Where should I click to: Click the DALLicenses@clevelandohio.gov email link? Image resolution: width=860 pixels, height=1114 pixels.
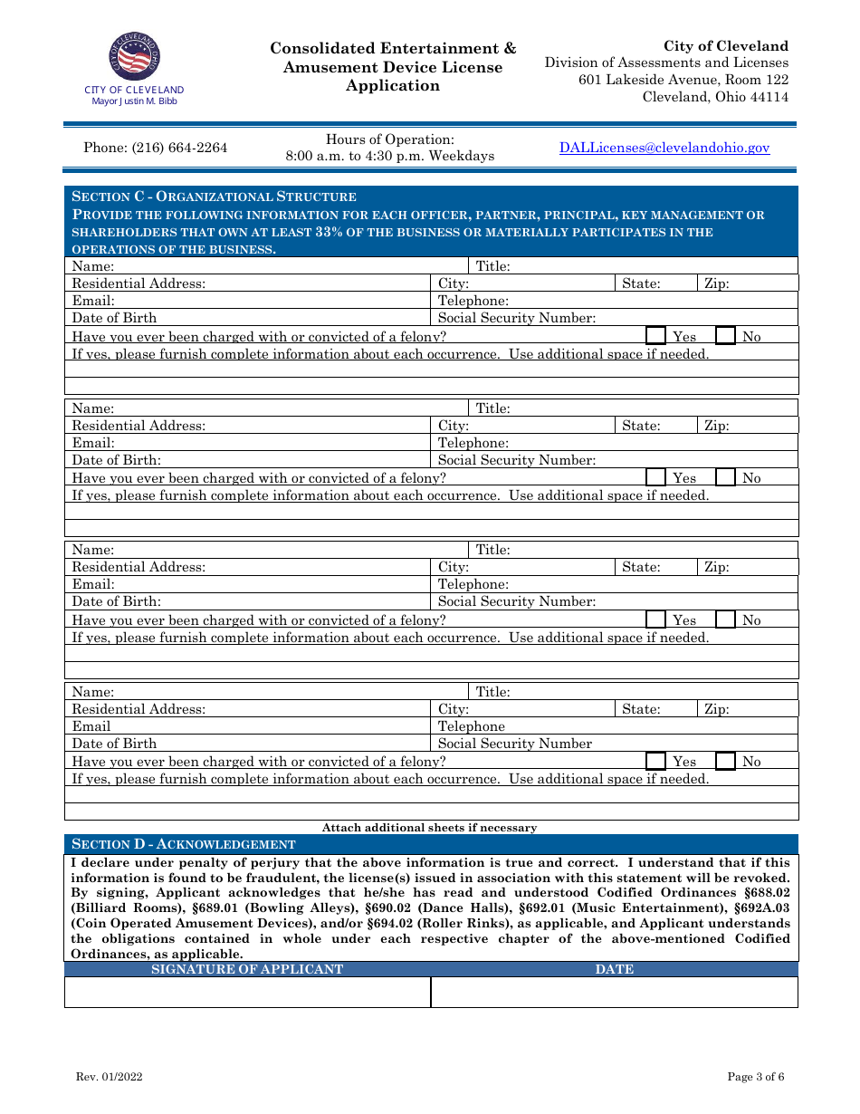pyautogui.click(x=664, y=148)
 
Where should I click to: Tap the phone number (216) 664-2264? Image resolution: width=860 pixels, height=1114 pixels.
pyautogui.click(x=156, y=148)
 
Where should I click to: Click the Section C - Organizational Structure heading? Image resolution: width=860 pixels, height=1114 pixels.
pyautogui.click(x=214, y=197)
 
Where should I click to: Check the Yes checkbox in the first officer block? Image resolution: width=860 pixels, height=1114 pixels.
pyautogui.click(x=656, y=336)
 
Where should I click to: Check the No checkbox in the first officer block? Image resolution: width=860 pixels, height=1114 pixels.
pyautogui.click(x=725, y=336)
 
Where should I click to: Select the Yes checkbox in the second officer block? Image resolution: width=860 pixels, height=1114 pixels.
pyautogui.click(x=656, y=477)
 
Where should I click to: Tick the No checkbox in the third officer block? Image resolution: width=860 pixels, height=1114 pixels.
pyautogui.click(x=725, y=619)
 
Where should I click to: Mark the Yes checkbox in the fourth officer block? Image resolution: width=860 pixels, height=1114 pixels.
pyautogui.click(x=656, y=761)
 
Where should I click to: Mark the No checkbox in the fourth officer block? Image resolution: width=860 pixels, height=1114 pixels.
pyautogui.click(x=725, y=761)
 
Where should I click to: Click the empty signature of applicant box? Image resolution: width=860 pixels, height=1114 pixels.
pyautogui.click(x=247, y=992)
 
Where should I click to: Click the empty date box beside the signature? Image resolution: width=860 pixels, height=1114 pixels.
pyautogui.click(x=614, y=992)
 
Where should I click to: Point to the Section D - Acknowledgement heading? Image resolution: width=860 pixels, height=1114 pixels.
pyautogui.click(x=184, y=844)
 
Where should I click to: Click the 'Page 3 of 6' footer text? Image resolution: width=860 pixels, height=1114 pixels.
pyautogui.click(x=756, y=1077)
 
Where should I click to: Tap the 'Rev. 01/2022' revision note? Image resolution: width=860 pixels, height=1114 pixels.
pyautogui.click(x=109, y=1077)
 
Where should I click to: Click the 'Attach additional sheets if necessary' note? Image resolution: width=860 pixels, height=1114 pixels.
pyautogui.click(x=429, y=827)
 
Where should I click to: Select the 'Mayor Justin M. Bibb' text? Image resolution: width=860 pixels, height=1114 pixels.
pyautogui.click(x=134, y=101)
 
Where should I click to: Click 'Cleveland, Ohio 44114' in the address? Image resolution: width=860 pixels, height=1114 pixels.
pyautogui.click(x=715, y=97)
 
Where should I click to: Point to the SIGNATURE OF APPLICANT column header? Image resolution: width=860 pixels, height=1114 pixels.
pyautogui.click(x=247, y=969)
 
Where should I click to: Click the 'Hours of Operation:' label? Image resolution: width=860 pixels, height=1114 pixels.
pyautogui.click(x=390, y=139)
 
